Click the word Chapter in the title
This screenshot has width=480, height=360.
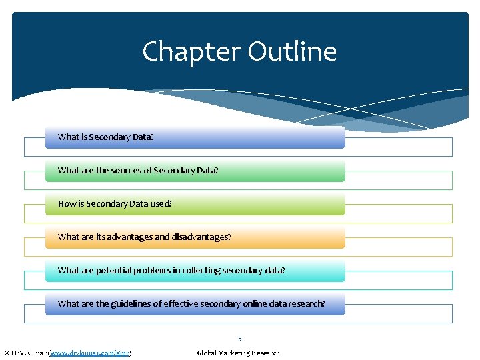click(x=191, y=52)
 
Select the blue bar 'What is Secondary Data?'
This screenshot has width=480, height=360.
click(x=195, y=137)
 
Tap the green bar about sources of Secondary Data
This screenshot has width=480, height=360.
click(x=195, y=171)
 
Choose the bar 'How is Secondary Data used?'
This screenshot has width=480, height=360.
click(x=195, y=204)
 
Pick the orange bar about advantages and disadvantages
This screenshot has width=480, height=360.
click(x=195, y=237)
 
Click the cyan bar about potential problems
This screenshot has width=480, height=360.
click(x=195, y=271)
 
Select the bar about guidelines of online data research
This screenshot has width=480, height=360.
click(x=195, y=304)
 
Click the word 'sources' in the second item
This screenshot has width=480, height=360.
click(x=127, y=171)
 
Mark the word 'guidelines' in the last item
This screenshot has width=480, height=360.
click(x=132, y=304)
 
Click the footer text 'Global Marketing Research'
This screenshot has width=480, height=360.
click(x=239, y=353)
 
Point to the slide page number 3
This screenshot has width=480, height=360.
click(x=239, y=339)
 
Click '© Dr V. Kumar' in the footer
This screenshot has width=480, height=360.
click(x=24, y=353)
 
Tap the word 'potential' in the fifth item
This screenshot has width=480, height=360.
click(x=113, y=271)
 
